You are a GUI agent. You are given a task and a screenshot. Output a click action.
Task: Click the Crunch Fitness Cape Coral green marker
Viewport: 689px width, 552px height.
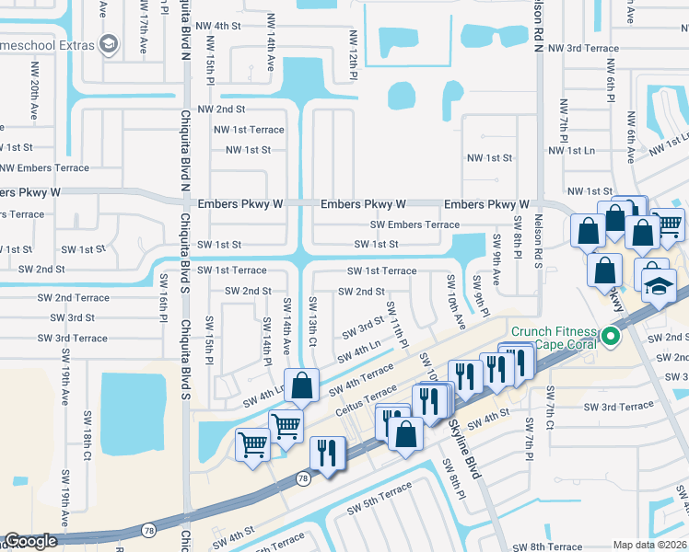[x=610, y=338]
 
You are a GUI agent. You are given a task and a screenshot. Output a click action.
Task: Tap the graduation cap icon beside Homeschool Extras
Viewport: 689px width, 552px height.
[x=109, y=44]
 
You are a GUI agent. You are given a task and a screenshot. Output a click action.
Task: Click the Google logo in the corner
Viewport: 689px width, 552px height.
[x=30, y=542]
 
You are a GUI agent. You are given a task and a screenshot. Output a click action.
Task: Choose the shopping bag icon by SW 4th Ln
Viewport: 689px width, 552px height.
[x=302, y=387]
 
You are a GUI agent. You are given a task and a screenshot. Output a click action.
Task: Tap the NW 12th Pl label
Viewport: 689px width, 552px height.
[x=352, y=54]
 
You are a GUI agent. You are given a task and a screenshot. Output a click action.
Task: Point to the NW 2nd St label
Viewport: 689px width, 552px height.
[x=220, y=109]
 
